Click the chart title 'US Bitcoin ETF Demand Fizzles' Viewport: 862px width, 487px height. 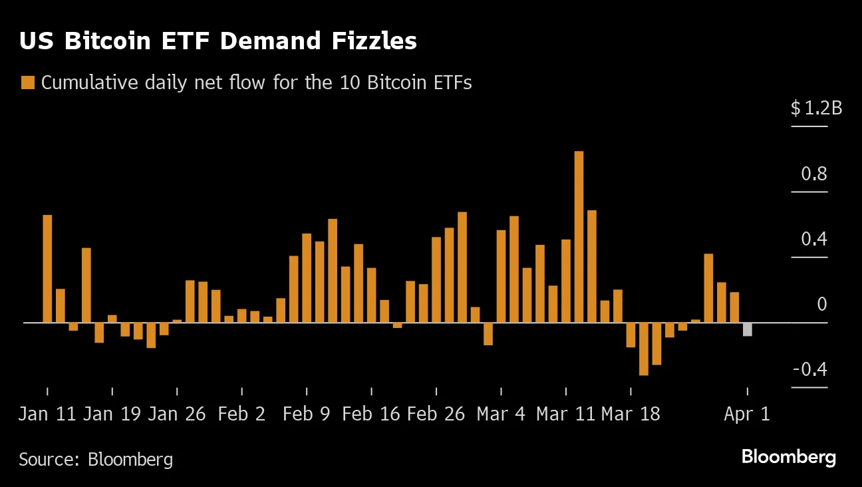tap(217, 41)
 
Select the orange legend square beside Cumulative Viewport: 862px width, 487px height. tap(27, 83)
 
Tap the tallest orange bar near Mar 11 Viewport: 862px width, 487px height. tap(579, 236)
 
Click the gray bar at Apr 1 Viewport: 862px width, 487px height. tap(748, 329)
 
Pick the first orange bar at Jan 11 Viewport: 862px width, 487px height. tap(47, 269)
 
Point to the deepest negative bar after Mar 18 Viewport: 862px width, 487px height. tap(643, 349)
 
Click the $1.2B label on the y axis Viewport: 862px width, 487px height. tap(816, 108)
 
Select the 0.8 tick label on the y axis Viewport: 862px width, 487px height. tap(814, 174)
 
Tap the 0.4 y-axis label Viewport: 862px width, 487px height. tap(814, 239)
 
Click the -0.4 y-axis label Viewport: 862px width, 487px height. tap(810, 370)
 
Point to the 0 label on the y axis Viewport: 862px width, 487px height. tap(821, 305)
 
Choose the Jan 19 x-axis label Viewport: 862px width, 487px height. tap(112, 414)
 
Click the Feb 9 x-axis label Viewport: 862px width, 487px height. tap(306, 414)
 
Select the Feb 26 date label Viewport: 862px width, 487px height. tap(436, 414)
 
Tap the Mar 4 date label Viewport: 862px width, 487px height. tap(501, 414)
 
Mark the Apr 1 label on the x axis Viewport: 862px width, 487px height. tap(747, 414)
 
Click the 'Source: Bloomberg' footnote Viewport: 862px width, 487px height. tap(96, 459)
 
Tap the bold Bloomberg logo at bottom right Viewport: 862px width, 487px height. tap(788, 458)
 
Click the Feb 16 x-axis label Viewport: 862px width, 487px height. tap(371, 414)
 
